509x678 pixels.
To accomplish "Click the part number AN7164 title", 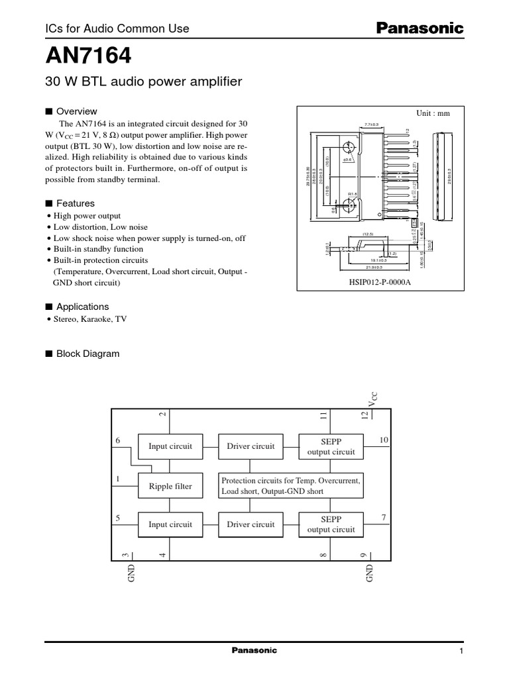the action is point(84,58).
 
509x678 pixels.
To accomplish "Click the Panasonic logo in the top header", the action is point(420,28).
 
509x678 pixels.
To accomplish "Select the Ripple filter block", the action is point(170,487).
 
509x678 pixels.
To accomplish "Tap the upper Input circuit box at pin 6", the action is point(170,446).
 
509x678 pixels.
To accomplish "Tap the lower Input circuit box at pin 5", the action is point(170,524).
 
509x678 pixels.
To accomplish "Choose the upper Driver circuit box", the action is point(251,446).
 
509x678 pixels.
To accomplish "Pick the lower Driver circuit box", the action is point(251,524).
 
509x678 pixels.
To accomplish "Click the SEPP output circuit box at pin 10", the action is point(331,446).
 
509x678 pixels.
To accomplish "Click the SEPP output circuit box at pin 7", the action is point(331,524).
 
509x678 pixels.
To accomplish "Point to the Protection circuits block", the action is point(290,487).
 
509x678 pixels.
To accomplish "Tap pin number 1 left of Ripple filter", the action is point(118,479).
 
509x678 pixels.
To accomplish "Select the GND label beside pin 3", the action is point(131,573).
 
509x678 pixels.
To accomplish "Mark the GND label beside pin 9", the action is point(370,573).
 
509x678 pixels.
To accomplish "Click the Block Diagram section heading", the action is point(87,354).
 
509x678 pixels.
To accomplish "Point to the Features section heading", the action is point(75,204).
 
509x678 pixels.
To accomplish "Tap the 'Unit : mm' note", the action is point(432,113).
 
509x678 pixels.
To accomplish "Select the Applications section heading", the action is point(82,307).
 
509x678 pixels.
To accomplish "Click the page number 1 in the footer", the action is point(460,652).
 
